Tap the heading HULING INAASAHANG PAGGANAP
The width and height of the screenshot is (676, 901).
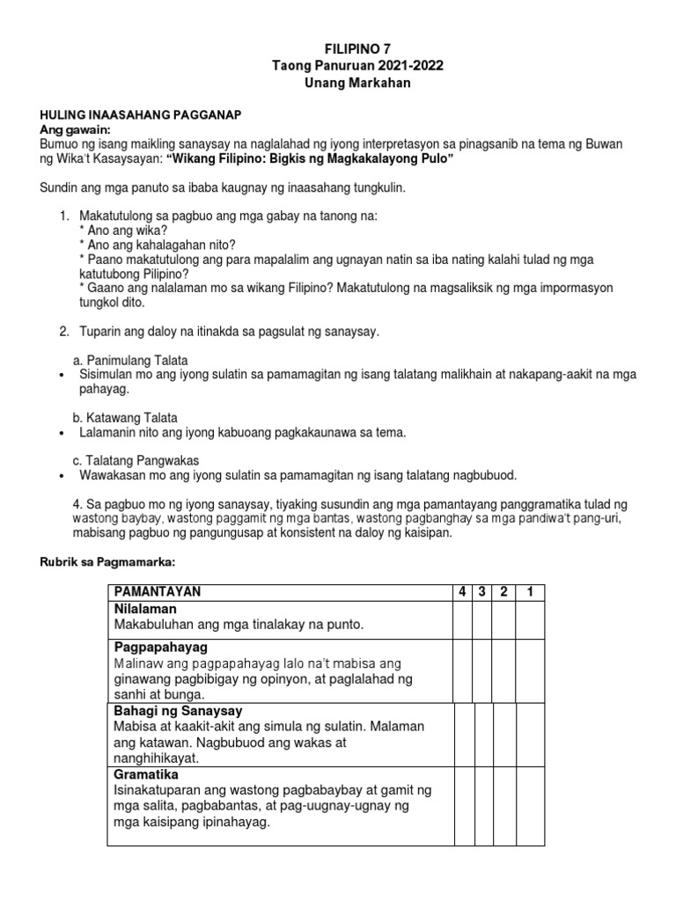click(141, 115)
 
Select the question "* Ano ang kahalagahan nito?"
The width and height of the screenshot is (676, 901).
click(157, 245)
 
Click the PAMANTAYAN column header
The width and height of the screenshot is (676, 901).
click(158, 592)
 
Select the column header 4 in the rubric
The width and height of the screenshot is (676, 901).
click(462, 592)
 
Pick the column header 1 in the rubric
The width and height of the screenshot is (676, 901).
click(530, 592)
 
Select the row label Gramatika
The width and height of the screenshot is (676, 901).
click(146, 774)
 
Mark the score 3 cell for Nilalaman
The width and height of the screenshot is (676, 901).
click(482, 619)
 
